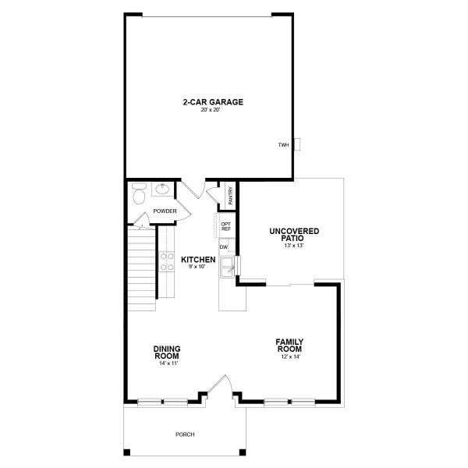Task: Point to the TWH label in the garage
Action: [283, 144]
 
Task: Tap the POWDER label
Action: [164, 211]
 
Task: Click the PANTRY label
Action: [231, 195]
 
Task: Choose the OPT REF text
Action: [226, 227]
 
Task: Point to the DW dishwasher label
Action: [223, 247]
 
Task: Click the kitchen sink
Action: [228, 269]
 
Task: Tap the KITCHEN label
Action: [198, 259]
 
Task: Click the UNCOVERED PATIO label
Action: [294, 235]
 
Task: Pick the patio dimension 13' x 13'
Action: [293, 246]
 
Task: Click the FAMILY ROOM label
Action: [289, 346]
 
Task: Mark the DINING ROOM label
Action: [167, 353]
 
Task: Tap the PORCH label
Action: [185, 434]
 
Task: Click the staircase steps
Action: [142, 265]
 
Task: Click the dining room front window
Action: [162, 402]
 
